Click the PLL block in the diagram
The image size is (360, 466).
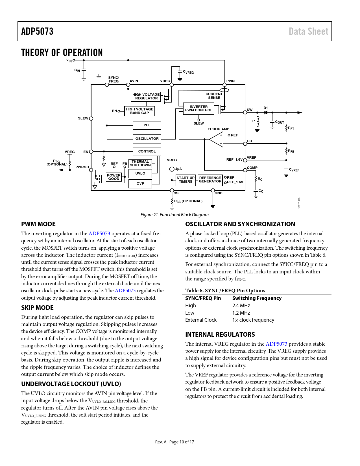click(147, 125)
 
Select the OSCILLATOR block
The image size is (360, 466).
click(147, 139)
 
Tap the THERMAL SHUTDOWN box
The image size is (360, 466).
click(140, 164)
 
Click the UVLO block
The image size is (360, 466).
click(140, 173)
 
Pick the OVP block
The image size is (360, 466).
click(140, 184)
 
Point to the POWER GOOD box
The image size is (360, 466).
click(114, 177)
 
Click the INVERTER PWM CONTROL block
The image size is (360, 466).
click(198, 108)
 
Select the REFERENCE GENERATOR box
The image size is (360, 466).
click(210, 180)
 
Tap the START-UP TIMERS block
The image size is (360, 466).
click(186, 180)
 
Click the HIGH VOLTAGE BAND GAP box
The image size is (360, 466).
click(139, 111)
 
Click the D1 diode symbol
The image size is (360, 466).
click(265, 112)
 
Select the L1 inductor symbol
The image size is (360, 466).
click(258, 121)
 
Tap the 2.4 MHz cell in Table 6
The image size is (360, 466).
click(241, 306)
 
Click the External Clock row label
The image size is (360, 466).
click(201, 320)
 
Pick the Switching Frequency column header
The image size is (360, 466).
click(257, 298)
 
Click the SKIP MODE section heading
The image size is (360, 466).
click(37, 308)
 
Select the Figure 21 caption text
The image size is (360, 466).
click(174, 215)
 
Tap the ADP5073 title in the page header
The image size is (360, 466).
click(37, 31)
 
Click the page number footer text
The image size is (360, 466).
click(174, 442)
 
